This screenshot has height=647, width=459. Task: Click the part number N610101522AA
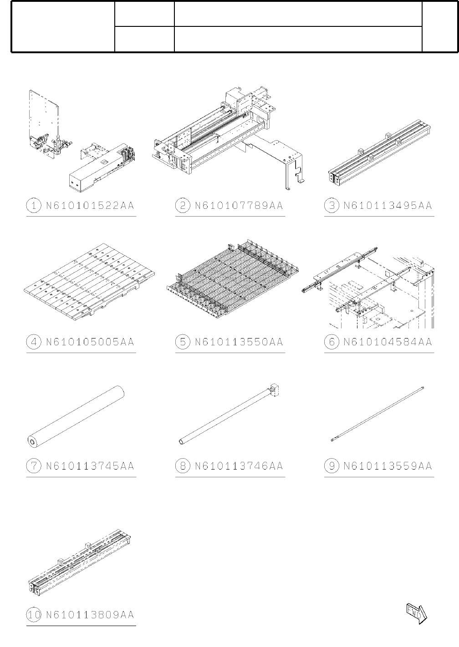point(90,206)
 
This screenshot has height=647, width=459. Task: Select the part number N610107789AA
point(239,206)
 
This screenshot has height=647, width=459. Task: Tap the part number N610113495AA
point(388,206)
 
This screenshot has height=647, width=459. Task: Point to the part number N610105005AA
point(90,342)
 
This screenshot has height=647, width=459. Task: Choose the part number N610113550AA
point(239,342)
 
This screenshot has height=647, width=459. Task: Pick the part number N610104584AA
point(388,342)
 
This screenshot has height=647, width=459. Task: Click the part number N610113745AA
point(90,466)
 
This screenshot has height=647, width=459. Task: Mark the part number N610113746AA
point(239,466)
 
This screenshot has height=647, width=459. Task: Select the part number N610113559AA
point(388,466)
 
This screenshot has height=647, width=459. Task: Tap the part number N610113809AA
point(90,615)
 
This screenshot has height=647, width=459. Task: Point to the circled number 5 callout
point(182,342)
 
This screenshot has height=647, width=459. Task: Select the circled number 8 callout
point(182,466)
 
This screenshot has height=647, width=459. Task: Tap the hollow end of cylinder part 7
point(31,441)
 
